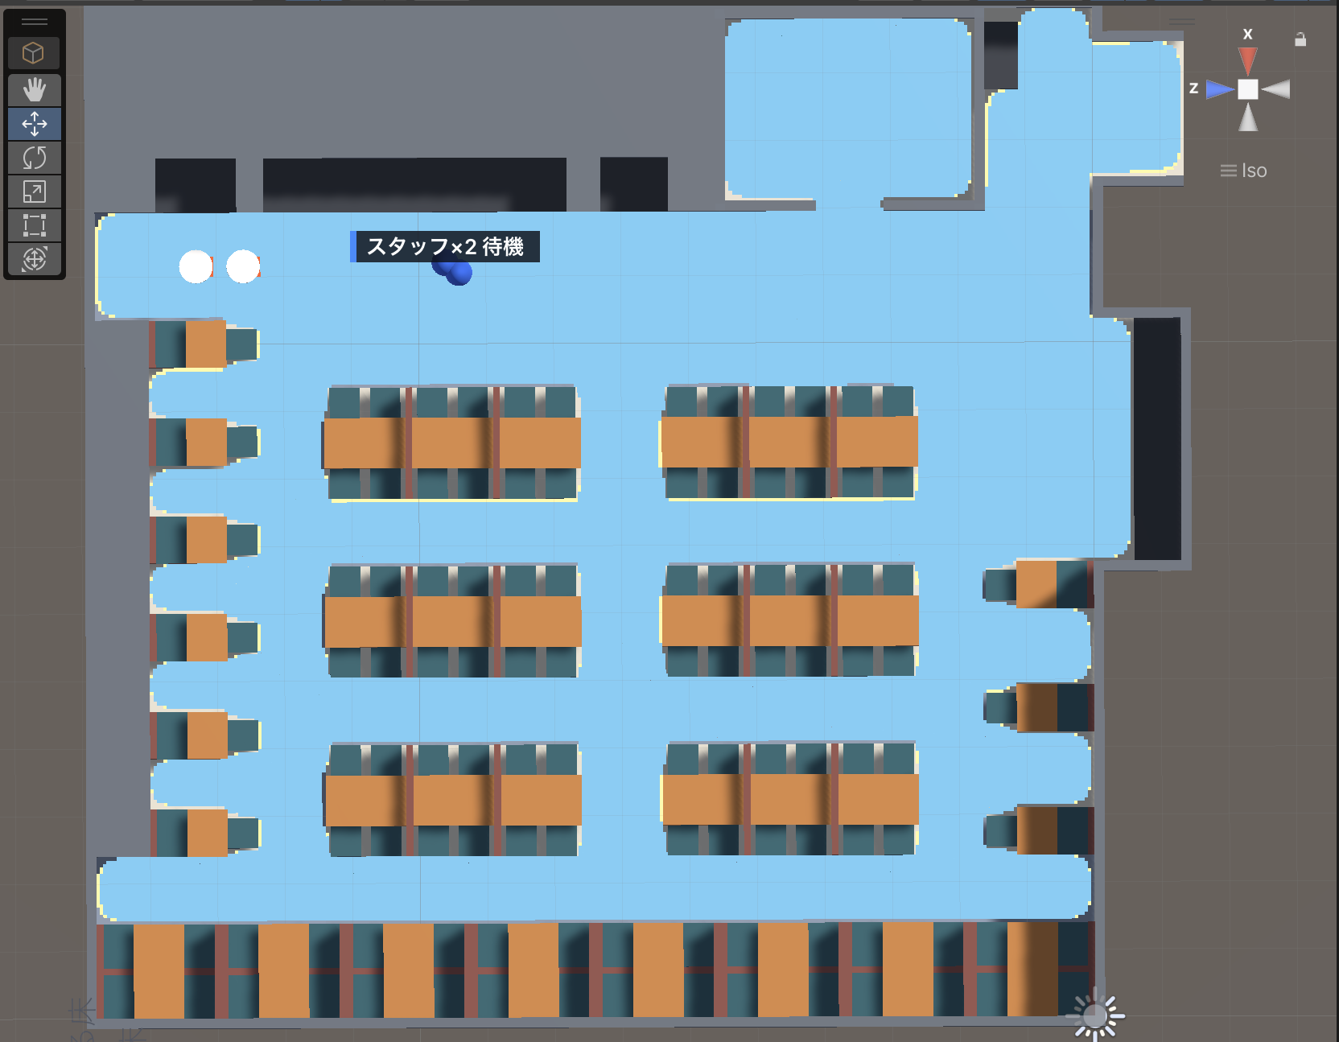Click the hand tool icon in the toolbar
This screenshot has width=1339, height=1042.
click(x=35, y=89)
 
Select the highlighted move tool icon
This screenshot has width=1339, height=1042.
click(x=35, y=124)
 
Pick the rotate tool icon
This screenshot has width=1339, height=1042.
click(x=35, y=158)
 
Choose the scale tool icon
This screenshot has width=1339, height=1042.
click(x=35, y=192)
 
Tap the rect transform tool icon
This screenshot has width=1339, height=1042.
click(x=35, y=225)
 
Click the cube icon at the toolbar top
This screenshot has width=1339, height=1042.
click(x=33, y=53)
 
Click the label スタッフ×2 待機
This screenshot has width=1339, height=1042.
click(x=445, y=246)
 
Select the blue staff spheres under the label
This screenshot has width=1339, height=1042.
click(x=452, y=270)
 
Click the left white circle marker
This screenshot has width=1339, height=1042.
click(x=196, y=266)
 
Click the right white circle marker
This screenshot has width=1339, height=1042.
click(x=243, y=266)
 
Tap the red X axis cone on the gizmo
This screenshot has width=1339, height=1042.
click(x=1247, y=60)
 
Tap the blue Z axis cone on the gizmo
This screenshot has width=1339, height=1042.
click(x=1220, y=89)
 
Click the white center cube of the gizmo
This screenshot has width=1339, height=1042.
click(x=1247, y=89)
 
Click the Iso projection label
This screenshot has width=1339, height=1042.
click(x=1254, y=171)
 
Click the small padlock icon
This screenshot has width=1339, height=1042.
click(x=1300, y=39)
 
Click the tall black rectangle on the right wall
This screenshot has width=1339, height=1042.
click(x=1157, y=439)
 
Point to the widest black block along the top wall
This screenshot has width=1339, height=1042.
click(x=414, y=184)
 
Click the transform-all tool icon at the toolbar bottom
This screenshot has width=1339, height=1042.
click(x=35, y=259)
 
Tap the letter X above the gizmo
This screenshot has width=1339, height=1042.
click(x=1247, y=34)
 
